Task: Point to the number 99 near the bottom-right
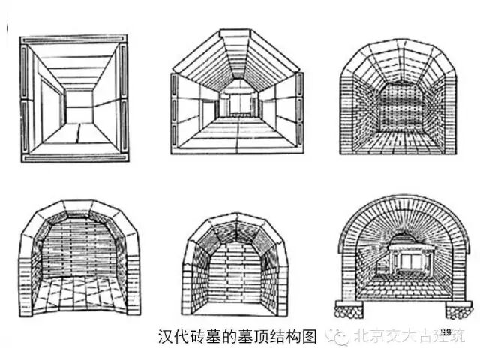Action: tap(447, 331)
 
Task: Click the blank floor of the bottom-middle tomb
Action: tap(234, 304)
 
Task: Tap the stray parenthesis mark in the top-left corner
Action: tap(7, 28)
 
